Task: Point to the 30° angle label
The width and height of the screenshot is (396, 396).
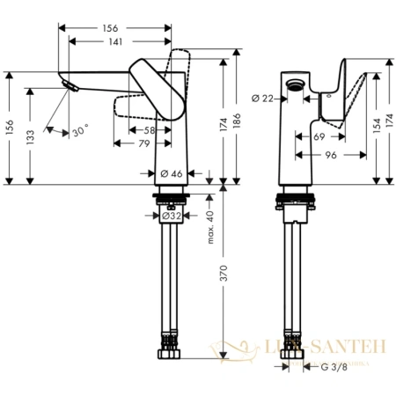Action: click(x=80, y=131)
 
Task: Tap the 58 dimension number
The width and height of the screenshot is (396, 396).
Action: click(x=149, y=130)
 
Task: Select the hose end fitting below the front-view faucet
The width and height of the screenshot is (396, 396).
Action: click(x=167, y=356)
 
